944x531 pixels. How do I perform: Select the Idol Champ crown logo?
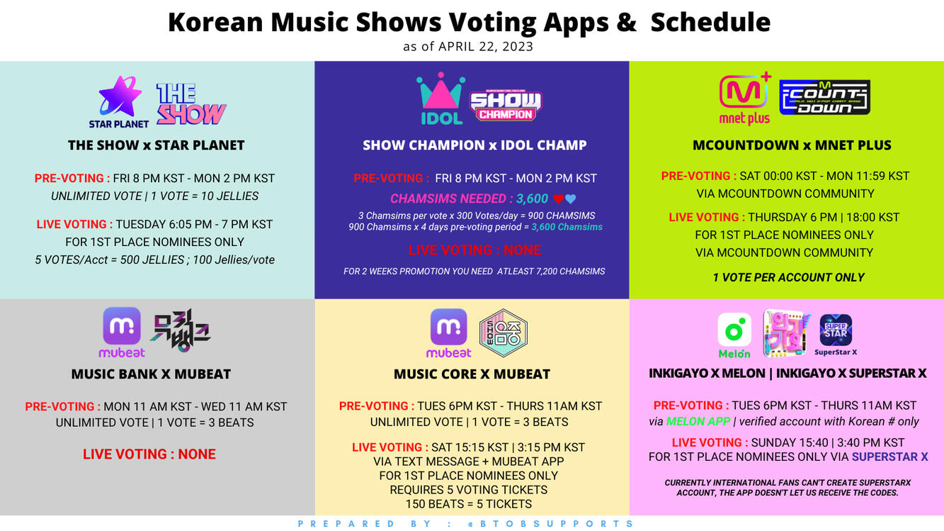440,99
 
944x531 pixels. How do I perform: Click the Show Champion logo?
505,106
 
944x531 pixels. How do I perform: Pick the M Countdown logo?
824,97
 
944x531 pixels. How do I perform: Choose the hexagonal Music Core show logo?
504,332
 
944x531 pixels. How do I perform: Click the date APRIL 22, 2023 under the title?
485,47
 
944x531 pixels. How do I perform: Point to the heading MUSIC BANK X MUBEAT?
151,374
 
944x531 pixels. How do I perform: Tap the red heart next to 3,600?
558,199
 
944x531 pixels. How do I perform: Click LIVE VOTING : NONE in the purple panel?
474,250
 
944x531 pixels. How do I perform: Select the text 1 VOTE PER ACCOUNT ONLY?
788,277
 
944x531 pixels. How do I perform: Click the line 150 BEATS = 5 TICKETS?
468,504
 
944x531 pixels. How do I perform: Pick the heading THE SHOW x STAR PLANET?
156,145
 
